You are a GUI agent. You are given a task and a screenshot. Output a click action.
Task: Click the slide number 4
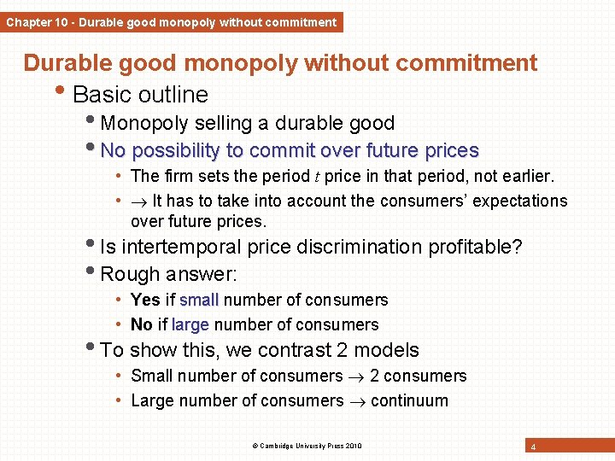click(x=533, y=447)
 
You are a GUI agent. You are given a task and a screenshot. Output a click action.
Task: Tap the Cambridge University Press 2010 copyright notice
click(x=307, y=446)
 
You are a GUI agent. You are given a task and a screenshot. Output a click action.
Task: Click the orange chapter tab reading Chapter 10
click(x=171, y=22)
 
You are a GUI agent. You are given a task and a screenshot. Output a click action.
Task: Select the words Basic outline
click(x=141, y=94)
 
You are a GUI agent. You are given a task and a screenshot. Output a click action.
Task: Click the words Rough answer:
click(x=168, y=274)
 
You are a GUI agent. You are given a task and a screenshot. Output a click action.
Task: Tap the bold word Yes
click(x=145, y=300)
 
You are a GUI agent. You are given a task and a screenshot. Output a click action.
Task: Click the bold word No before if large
click(x=142, y=324)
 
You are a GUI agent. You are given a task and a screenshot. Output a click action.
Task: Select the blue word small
click(x=199, y=300)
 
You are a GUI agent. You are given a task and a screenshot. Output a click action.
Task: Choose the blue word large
click(x=190, y=325)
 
